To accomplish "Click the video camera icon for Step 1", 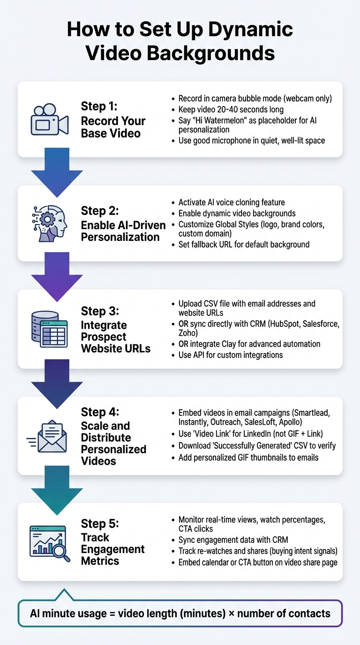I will (x=50, y=120).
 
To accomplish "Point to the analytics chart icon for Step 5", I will (x=50, y=543).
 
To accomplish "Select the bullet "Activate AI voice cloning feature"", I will (x=232, y=202).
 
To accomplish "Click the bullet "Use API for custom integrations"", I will (x=231, y=355).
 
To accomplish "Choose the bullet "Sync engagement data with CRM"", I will (x=233, y=540).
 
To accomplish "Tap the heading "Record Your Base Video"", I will (x=113, y=127).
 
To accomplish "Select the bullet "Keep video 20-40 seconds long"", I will (x=231, y=110).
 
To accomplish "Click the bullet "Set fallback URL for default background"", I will (x=244, y=244).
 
